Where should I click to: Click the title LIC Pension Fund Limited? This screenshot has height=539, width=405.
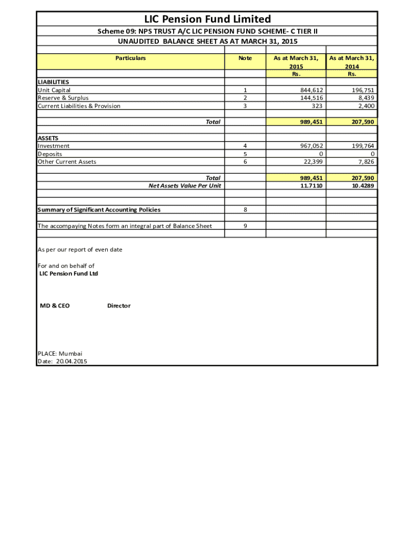click(x=207, y=19)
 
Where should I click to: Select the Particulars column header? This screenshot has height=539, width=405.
click(x=130, y=58)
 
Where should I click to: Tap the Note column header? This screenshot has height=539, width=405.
click(x=245, y=58)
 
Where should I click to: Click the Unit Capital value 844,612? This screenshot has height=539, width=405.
click(x=310, y=90)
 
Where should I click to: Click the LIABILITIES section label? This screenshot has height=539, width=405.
click(x=53, y=82)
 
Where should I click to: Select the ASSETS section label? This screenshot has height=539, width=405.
click(x=48, y=138)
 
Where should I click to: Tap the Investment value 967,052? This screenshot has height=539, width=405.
click(x=310, y=146)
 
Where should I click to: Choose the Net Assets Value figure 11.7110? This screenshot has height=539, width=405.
click(x=311, y=186)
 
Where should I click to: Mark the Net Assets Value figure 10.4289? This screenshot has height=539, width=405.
click(x=363, y=186)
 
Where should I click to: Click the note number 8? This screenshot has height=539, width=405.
click(x=245, y=209)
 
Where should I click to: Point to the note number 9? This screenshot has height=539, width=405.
click(x=245, y=226)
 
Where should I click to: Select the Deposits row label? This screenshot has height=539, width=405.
click(x=50, y=154)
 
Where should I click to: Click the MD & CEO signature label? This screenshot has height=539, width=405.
click(x=55, y=306)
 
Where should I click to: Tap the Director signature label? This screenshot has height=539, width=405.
click(x=119, y=306)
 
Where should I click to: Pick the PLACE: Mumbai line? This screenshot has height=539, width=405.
click(x=60, y=354)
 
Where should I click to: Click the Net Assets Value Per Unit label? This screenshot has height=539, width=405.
click(x=185, y=186)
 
